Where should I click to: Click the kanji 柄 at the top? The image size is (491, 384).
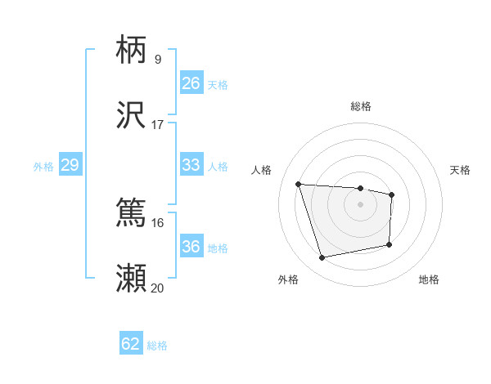pos(132,50)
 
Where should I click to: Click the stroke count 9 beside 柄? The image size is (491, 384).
pos(158,60)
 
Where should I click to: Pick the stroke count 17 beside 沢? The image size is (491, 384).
pos(158,125)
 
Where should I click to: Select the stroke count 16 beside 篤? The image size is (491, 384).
pos(158,222)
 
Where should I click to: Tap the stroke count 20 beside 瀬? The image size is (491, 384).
pos(158,288)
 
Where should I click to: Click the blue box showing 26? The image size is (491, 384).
pos(191,83)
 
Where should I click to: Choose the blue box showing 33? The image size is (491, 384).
pos(191,165)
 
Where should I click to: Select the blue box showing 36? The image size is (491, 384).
pos(191,247)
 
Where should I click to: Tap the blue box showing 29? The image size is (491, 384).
pos(70,165)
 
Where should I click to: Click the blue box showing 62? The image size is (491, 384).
pos(131,344)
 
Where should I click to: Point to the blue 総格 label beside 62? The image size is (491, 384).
pos(157,346)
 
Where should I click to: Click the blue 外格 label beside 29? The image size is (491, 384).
pos(43,167)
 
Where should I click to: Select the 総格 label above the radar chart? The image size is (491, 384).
pos(361,106)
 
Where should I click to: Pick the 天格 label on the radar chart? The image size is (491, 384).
pos(461,170)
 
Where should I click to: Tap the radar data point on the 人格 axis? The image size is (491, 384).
pos(299,184)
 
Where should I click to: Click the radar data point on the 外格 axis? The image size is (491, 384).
pos(322,258)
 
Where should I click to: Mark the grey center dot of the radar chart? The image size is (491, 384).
pos(361,203)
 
